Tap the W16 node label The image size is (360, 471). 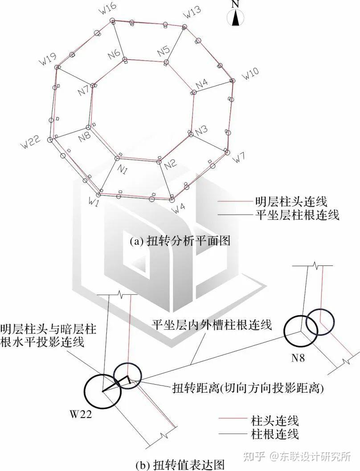coord(108,9)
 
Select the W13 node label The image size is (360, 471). coord(192,13)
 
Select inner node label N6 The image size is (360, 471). coord(114,54)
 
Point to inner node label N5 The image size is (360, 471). coord(163,51)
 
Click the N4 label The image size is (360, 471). coord(201,83)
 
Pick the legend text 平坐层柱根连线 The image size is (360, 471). coord(297,215)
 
